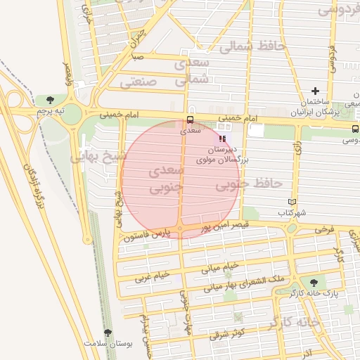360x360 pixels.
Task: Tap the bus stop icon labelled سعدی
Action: (190, 120)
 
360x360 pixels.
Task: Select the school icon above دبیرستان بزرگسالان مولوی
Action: (223, 139)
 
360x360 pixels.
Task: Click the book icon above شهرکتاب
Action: (292, 202)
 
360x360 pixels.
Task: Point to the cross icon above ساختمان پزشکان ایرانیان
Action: (315, 91)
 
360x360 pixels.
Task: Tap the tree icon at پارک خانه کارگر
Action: (314, 282)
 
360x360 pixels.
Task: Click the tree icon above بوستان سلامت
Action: (108, 333)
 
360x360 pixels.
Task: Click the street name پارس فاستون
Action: (147, 237)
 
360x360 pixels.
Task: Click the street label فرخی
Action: (323, 230)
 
